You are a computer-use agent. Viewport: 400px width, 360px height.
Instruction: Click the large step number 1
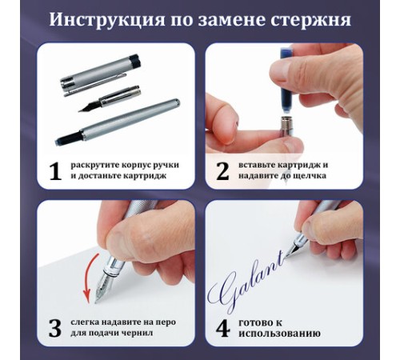(55, 170)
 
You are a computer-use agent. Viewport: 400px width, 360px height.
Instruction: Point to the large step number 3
(55, 327)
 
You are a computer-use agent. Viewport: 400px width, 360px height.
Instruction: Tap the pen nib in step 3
(106, 285)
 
